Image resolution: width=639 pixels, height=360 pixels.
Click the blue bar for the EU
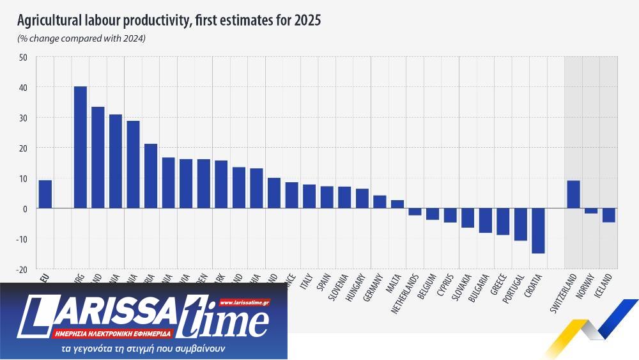pos(45,194)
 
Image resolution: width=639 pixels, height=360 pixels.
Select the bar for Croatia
pos(538,231)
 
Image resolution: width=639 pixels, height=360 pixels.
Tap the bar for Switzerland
pos(573,194)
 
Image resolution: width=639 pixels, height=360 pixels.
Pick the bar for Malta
pos(397,205)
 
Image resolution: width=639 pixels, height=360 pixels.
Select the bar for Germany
pos(380,202)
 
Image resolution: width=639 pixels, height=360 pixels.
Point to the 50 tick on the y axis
pos(23,57)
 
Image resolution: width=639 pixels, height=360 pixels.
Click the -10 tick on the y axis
pos(22,239)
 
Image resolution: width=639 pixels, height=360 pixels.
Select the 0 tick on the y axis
pos(25,209)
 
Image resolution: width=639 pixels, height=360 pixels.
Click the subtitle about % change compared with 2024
pos(81,39)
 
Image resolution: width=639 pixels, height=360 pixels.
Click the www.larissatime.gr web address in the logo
pos(244,302)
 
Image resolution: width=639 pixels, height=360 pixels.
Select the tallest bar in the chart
pos(81,148)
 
